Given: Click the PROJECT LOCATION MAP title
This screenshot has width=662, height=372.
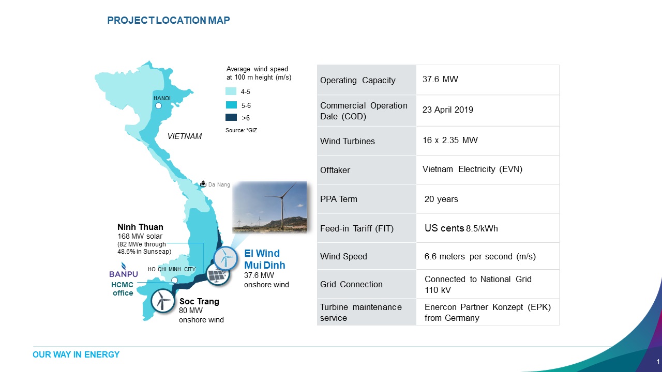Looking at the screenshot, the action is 169,20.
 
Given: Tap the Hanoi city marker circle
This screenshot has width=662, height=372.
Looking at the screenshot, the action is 159,106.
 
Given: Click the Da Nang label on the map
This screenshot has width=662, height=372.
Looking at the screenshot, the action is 219,184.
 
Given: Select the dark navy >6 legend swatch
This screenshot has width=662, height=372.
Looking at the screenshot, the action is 231,117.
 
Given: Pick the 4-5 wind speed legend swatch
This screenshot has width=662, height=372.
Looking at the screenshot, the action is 231,91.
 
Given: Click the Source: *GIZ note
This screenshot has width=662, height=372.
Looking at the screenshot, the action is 241,130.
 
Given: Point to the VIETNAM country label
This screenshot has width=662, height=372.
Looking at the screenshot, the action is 185,136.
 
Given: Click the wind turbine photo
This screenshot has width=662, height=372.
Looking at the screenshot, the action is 269,207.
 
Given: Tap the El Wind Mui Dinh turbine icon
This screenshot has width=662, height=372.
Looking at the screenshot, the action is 225,259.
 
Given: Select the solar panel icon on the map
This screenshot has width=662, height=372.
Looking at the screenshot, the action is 218,274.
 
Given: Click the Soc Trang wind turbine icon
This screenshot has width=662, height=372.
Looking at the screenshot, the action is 162,301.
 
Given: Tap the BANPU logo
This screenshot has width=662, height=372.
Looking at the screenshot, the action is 124,270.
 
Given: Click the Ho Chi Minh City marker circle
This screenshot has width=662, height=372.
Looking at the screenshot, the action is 175,280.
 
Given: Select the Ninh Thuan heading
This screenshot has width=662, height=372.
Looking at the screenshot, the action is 140,227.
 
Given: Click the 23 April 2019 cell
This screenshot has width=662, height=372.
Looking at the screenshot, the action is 448,110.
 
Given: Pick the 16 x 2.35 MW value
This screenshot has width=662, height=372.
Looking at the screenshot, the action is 450,140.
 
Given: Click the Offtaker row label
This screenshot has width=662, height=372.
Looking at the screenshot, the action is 335,170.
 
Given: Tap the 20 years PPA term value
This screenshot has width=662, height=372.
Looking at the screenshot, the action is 441,199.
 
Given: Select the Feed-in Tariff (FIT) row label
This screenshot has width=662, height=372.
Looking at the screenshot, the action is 357,228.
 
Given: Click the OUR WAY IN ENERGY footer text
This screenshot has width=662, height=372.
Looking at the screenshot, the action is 76,354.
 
